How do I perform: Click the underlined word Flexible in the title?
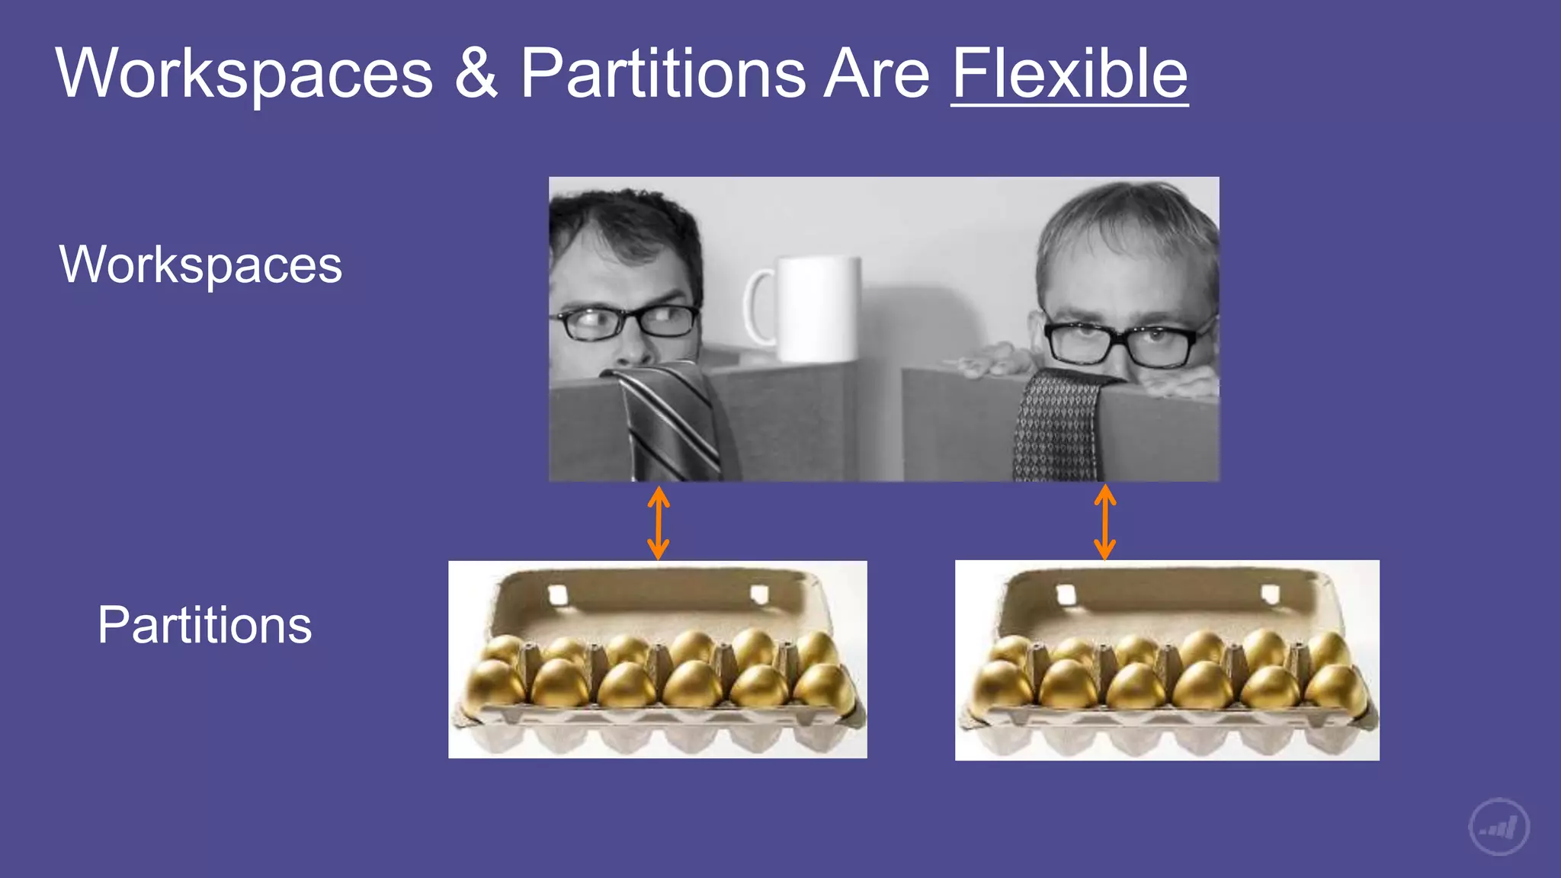1069,73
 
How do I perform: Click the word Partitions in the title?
662,73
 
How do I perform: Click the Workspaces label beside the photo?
200,264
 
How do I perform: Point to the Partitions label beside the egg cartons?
204,625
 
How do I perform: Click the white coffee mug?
816,309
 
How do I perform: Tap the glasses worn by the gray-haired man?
1120,343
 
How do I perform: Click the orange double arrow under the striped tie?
659,523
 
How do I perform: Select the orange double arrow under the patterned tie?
1105,523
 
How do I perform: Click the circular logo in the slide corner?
1498,827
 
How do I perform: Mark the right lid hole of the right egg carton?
1270,593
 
